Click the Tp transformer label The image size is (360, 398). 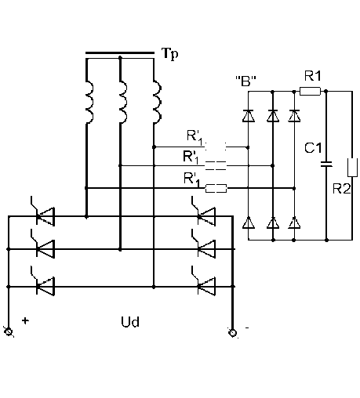(x=170, y=54)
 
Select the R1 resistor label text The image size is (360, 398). (x=313, y=76)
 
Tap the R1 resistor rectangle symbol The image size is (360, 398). (x=310, y=91)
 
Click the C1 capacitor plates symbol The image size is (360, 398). (x=326, y=164)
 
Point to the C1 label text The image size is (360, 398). (x=313, y=148)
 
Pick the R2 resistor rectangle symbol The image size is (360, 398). (x=352, y=168)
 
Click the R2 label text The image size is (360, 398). (x=341, y=189)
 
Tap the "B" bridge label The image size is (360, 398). (x=245, y=81)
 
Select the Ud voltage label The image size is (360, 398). (x=130, y=322)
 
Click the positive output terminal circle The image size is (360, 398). (x=9, y=331)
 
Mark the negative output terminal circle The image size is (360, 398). (x=232, y=333)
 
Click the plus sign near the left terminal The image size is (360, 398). (x=25, y=320)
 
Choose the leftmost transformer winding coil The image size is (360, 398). (x=89, y=102)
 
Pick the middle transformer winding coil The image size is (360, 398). (x=123, y=102)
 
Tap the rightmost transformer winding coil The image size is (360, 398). (x=157, y=102)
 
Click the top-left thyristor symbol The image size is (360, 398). (x=43, y=213)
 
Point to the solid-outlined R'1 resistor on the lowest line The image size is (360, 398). (x=216, y=188)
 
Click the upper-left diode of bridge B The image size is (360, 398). (x=248, y=116)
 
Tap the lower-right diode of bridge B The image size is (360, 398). (x=294, y=223)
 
